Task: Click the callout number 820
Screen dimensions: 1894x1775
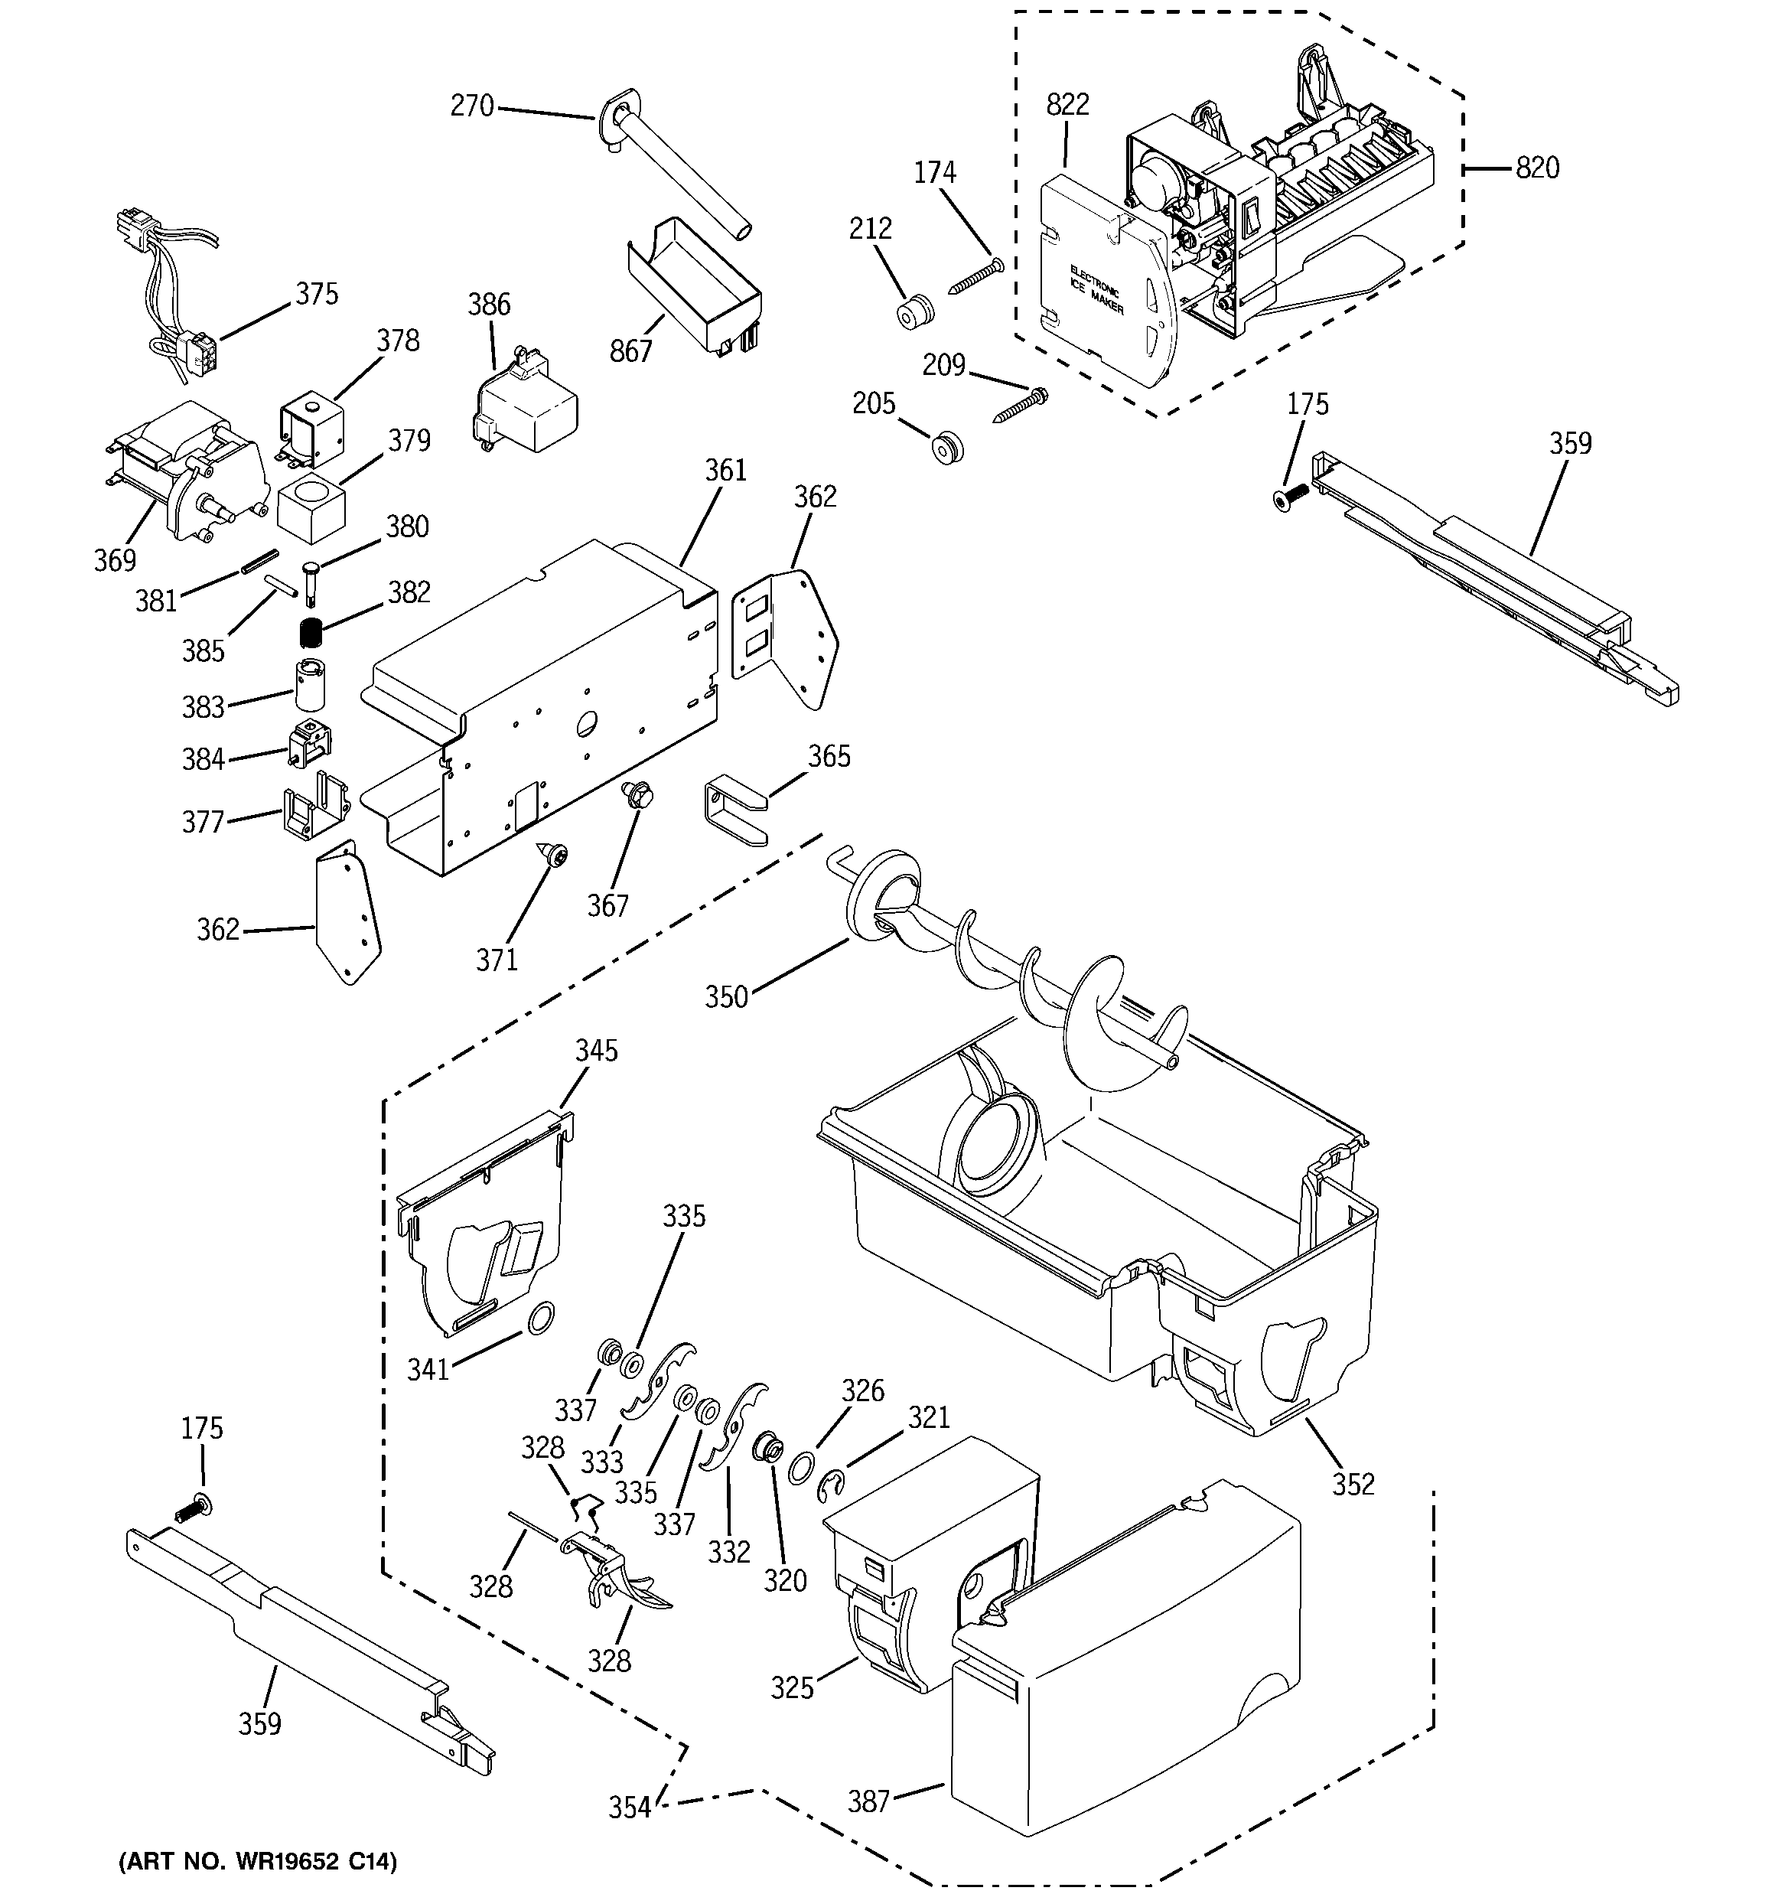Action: tap(1537, 168)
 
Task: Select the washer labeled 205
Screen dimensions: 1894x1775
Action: tap(947, 446)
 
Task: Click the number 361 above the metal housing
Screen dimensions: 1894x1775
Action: tap(726, 471)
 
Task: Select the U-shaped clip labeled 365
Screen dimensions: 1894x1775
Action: tap(735, 812)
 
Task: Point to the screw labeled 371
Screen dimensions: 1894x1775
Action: tap(555, 856)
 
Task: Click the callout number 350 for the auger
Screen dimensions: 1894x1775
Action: tap(726, 997)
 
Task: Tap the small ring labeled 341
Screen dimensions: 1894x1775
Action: tap(541, 1319)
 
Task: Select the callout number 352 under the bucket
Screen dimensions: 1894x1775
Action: tap(1353, 1483)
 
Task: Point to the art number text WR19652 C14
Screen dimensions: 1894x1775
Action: tap(257, 1862)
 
